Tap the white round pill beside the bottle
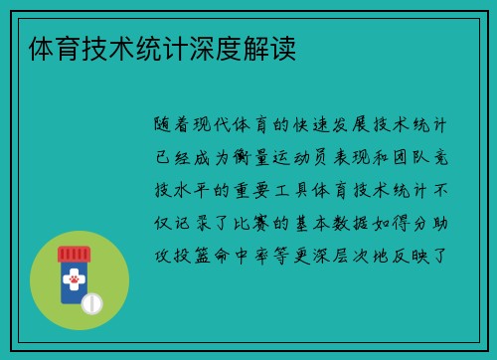(x=91, y=301)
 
